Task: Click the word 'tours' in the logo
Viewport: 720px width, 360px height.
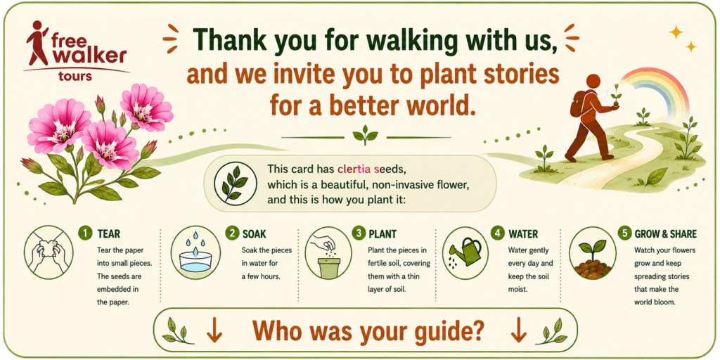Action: pos(75,76)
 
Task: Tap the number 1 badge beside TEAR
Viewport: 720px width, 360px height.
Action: pos(84,233)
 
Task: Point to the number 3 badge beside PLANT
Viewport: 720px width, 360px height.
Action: pos(359,233)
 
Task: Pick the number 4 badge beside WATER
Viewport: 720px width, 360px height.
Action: pos(498,233)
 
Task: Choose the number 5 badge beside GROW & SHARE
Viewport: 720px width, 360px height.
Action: pos(624,233)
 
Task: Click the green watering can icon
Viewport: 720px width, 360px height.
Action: pos(465,252)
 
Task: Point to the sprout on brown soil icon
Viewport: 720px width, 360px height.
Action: pos(592,259)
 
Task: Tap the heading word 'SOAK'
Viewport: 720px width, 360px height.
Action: pos(253,233)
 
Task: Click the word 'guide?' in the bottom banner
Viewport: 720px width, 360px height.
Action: pos(445,330)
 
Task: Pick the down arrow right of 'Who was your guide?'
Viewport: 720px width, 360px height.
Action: pos(518,330)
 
